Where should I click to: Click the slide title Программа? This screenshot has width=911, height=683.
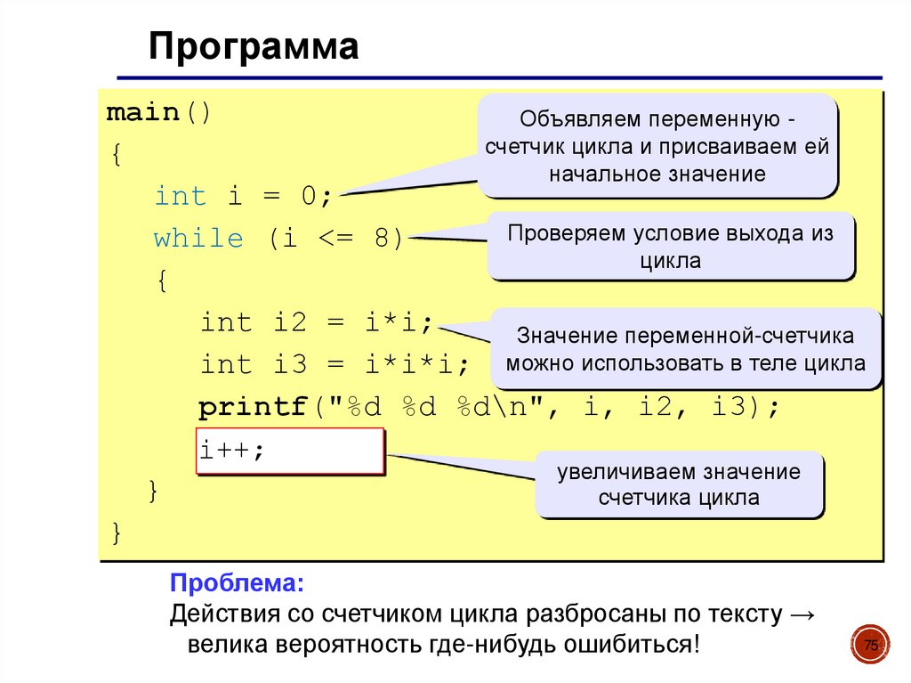tap(254, 48)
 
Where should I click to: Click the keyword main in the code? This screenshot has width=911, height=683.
tap(143, 114)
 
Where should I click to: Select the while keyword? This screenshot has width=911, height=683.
tap(198, 239)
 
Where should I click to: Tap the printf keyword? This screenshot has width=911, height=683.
tap(253, 408)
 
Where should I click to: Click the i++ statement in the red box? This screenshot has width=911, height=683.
tap(231, 451)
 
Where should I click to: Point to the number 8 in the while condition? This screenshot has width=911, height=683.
tap(382, 239)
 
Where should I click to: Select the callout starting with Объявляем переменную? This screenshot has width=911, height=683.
tap(657, 146)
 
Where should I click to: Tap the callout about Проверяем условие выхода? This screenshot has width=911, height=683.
tap(670, 247)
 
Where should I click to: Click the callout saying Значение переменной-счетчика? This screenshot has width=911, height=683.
tap(685, 349)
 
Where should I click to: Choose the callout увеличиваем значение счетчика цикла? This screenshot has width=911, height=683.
tap(678, 484)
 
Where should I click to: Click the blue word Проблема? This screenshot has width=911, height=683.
tap(237, 584)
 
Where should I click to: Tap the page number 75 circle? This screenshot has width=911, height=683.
tap(871, 646)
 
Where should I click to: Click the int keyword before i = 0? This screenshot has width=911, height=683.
tap(180, 196)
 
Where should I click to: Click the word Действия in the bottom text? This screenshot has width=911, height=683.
tap(226, 614)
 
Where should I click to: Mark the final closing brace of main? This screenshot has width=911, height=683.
tap(117, 532)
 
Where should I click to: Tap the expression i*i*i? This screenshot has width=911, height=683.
tap(409, 365)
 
